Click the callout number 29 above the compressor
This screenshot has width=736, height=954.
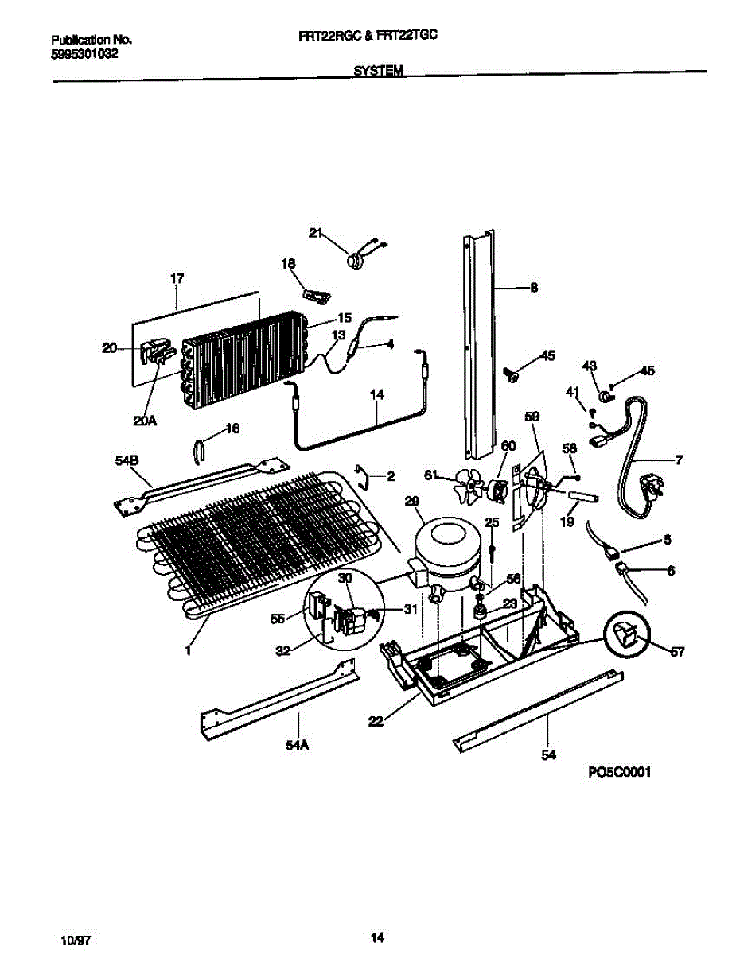tap(411, 502)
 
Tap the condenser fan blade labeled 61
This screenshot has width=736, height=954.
tap(469, 484)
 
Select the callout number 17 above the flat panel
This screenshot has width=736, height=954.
tap(177, 278)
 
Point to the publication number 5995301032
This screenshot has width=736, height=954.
tap(84, 54)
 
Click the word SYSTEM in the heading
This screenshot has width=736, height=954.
tap(378, 70)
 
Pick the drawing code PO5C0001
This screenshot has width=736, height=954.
tap(619, 772)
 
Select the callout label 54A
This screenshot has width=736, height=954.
tap(297, 745)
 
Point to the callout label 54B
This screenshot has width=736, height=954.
tap(127, 460)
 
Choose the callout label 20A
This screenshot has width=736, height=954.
tap(145, 421)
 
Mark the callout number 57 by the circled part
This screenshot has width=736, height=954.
tap(677, 653)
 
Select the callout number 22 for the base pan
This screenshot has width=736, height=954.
tap(376, 721)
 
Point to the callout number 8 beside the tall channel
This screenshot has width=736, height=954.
tap(534, 288)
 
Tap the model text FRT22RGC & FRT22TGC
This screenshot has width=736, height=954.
tap(368, 36)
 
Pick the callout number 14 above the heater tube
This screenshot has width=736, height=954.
tap(377, 394)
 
